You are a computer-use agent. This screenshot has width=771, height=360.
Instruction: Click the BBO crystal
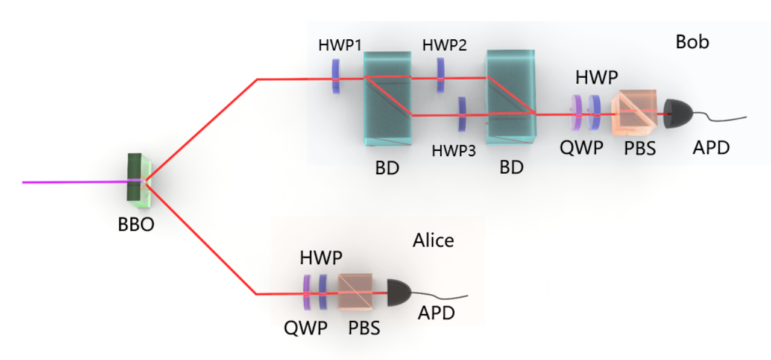tap(139, 180)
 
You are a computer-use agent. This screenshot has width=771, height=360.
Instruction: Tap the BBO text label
tap(136, 224)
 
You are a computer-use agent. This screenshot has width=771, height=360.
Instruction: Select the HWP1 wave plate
tap(336, 77)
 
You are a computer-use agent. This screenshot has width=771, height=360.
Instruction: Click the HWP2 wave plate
tap(441, 75)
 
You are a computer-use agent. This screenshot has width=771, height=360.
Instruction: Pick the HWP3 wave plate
tap(462, 114)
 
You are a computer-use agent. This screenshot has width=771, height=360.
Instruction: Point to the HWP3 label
tap(454, 151)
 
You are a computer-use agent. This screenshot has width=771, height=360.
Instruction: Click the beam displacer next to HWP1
tap(388, 99)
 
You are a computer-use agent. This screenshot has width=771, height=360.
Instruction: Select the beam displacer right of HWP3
tap(511, 97)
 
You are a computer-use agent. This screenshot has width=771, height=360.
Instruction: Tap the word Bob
tap(692, 42)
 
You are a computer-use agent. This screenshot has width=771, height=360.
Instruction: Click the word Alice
tap(433, 240)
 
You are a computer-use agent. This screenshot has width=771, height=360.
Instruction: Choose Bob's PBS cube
tap(634, 113)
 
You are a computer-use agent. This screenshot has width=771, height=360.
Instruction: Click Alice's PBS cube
tap(356, 292)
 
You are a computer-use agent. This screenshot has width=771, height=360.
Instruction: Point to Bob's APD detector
tap(678, 114)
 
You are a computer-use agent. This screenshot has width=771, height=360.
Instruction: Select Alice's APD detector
tap(399, 293)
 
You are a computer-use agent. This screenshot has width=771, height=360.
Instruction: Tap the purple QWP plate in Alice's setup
tap(307, 292)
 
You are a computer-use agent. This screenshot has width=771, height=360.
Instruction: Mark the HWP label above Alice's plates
tap(321, 257)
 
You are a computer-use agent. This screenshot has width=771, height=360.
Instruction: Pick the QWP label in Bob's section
tap(581, 148)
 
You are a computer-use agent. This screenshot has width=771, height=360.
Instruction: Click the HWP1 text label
tap(340, 45)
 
